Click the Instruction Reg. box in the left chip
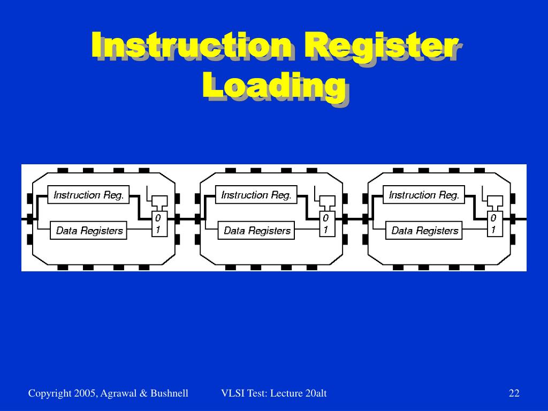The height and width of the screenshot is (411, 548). click(89, 195)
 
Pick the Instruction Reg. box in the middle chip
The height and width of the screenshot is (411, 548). click(256, 195)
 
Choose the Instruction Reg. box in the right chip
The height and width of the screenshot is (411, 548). click(424, 195)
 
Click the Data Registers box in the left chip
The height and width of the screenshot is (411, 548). click(89, 231)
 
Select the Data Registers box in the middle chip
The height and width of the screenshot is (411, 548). click(256, 231)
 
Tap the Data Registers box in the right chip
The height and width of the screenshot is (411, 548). click(424, 231)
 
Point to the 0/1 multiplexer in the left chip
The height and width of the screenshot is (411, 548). click(158, 224)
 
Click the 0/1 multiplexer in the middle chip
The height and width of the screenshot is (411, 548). click(325, 224)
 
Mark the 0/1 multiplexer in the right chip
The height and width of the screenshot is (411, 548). click(493, 224)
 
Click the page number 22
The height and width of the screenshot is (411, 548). click(514, 394)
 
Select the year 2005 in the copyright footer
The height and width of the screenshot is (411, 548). click(84, 394)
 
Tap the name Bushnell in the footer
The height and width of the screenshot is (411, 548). click(169, 394)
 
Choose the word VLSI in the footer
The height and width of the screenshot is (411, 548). click(231, 394)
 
